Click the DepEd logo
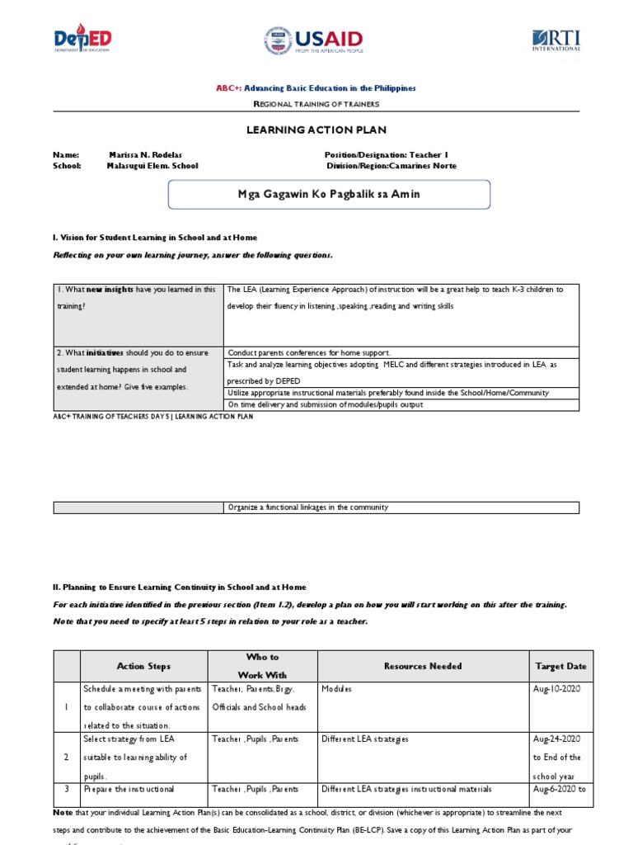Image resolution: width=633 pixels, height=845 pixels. pos(82,39)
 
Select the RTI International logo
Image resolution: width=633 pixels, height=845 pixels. pos(556,40)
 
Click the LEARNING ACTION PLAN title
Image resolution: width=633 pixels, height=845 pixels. pos(316,130)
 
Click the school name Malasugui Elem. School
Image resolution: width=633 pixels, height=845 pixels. pos(152,166)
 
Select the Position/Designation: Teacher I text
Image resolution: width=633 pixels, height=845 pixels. pos(386,154)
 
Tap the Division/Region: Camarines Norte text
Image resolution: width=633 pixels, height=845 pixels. pos(392,166)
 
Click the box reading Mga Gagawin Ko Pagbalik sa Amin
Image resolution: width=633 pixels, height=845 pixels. pos(329,195)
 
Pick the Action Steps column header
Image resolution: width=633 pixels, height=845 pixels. pos(143,666)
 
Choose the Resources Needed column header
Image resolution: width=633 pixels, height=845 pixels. pos(422,666)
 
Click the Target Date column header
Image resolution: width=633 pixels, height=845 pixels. pos(560,666)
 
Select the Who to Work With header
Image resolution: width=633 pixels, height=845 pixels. pos(262,666)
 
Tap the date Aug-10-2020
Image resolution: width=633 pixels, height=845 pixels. pos(556,689)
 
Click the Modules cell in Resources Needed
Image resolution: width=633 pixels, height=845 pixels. pos(336,689)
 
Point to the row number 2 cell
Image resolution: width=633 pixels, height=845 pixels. pos(67,757)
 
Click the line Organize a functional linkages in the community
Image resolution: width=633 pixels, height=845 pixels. pos(307,507)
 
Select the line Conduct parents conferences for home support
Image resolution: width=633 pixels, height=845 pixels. pos(309,352)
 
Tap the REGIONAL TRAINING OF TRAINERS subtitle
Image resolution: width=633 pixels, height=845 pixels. pos(316,104)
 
